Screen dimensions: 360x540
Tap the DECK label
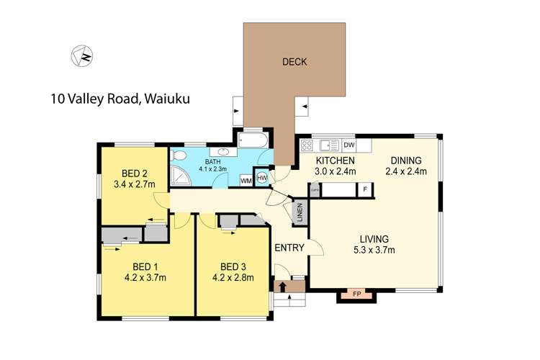pos(294,62)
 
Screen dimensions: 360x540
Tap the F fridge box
pos(366,189)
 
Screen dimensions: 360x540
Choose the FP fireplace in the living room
pos(357,294)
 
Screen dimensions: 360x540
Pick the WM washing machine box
pos(246,179)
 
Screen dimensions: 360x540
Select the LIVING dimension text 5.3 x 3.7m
pos(374,251)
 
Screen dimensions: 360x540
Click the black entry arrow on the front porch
pos(283,287)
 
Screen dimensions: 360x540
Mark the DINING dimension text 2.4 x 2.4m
pos(406,171)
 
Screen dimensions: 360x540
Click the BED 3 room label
pos(233,264)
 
